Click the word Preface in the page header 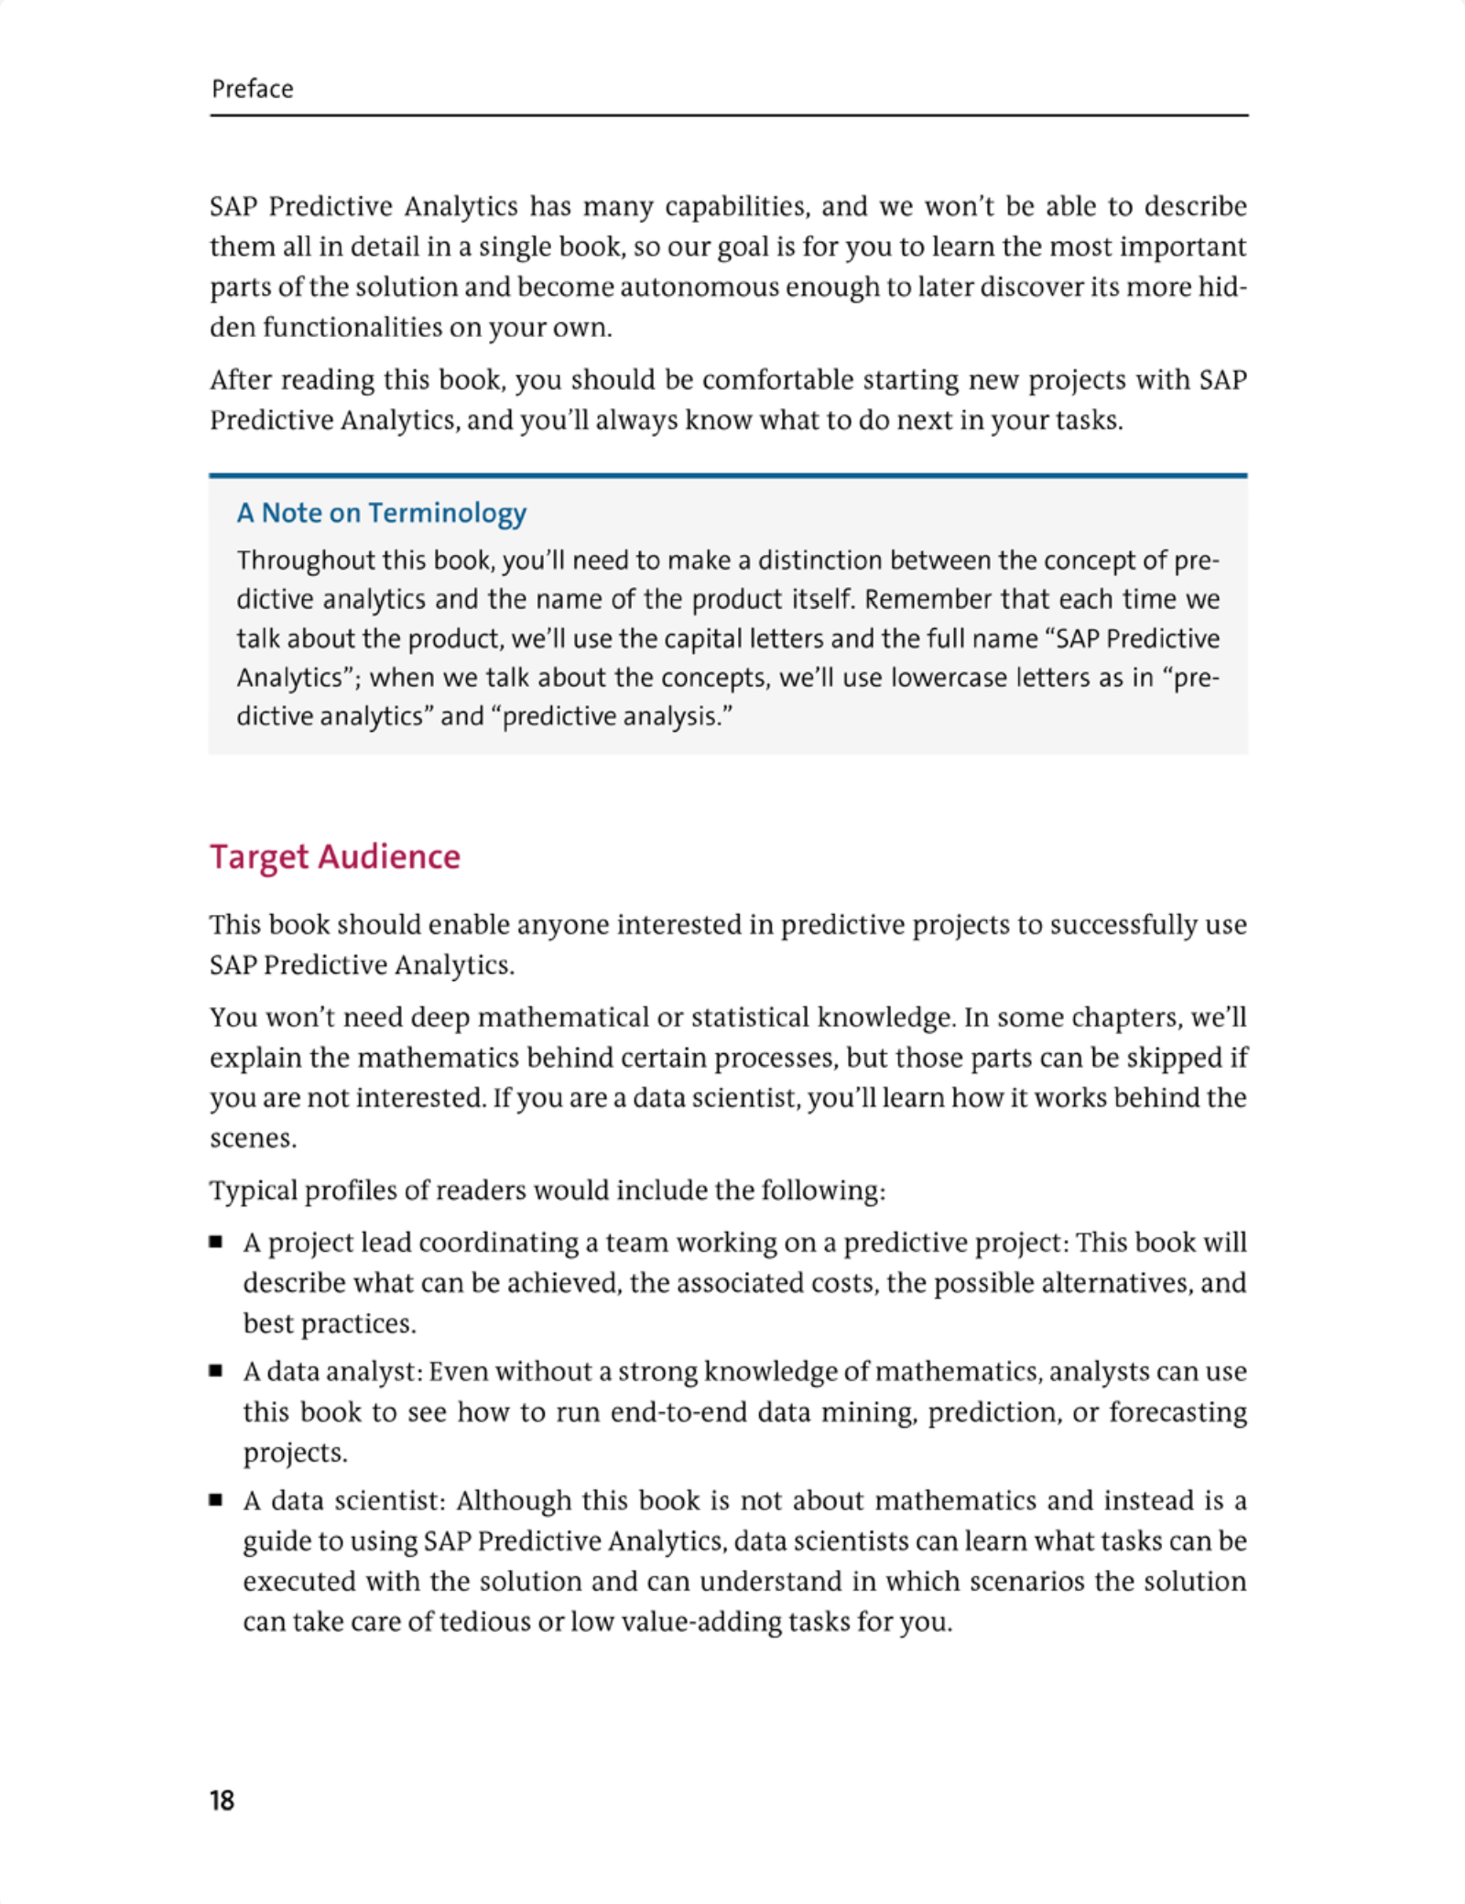coord(252,89)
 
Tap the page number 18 coord(222,1801)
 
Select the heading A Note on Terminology coord(381,513)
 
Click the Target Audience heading coord(335,856)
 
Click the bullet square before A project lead coord(216,1242)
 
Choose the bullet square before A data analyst coord(216,1371)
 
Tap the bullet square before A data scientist coord(216,1500)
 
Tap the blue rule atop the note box coord(728,475)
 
